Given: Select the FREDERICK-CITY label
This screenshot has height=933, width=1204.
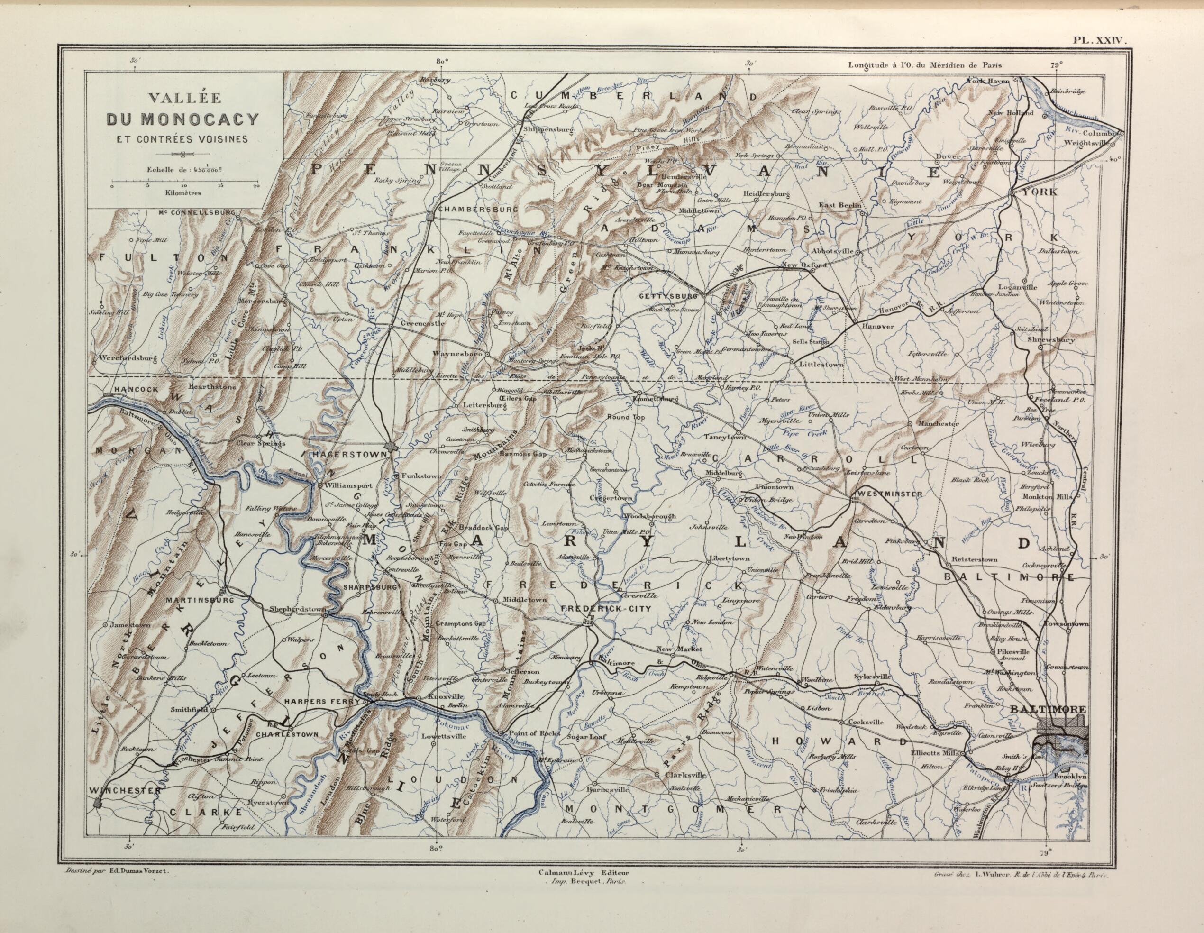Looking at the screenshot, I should click(x=605, y=609).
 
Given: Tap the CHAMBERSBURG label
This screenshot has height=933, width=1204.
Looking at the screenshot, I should click(x=477, y=210).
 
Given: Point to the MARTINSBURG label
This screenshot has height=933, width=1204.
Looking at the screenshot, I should click(x=199, y=599).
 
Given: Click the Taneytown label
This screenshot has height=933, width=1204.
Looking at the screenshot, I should click(x=725, y=437).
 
